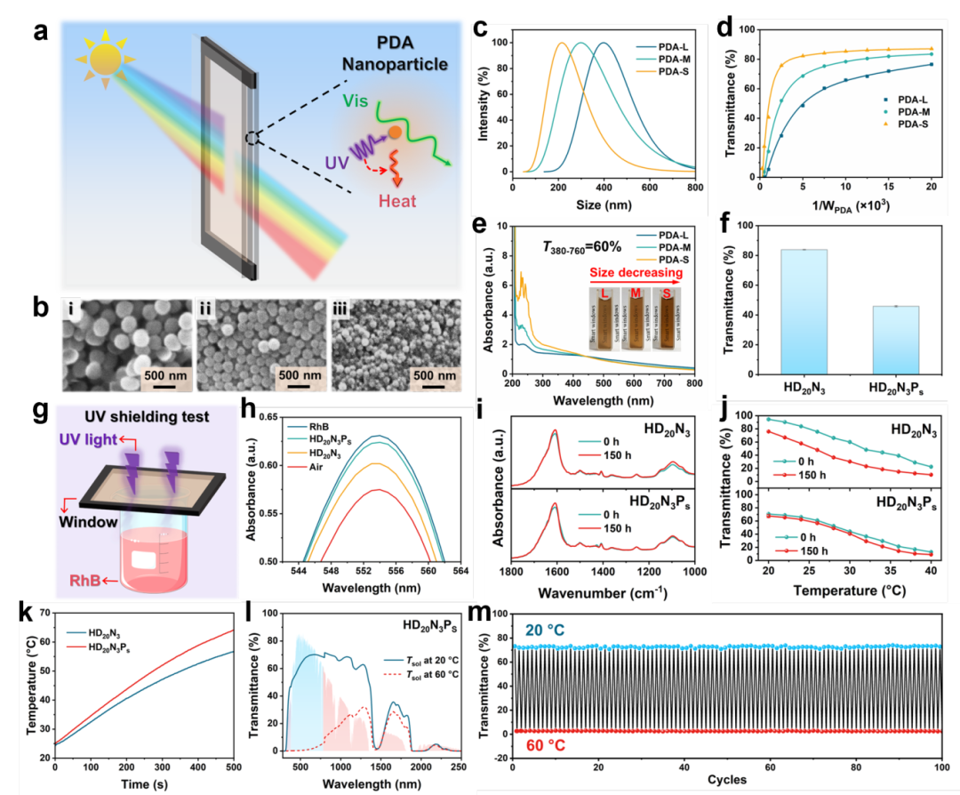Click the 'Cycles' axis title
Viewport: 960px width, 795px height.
(x=726, y=780)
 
